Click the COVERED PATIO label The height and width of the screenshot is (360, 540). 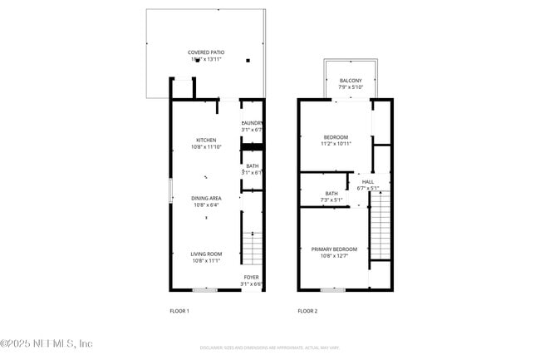(206, 52)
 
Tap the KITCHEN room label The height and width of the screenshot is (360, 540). (206, 140)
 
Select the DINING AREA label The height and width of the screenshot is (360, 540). (206, 198)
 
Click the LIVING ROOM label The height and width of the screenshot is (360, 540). (206, 254)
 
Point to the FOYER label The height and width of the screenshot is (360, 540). (252, 278)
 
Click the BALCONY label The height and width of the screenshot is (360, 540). (351, 81)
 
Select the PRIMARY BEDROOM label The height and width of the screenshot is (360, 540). (334, 249)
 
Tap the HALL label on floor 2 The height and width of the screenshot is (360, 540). (368, 181)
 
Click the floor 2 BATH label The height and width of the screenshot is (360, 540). (331, 194)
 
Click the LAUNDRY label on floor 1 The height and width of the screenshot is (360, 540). (252, 123)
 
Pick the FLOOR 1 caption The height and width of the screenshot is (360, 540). (179, 311)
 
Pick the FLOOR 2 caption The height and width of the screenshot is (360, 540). (307, 311)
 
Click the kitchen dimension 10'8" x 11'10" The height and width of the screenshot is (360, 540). (206, 147)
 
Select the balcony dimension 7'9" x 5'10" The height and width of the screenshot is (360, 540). (351, 87)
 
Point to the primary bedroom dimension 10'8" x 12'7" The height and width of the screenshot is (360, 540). (334, 256)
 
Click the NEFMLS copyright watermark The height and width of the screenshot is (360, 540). (47, 343)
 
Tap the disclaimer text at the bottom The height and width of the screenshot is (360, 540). (270, 347)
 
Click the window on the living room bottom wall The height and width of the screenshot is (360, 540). (204, 289)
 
